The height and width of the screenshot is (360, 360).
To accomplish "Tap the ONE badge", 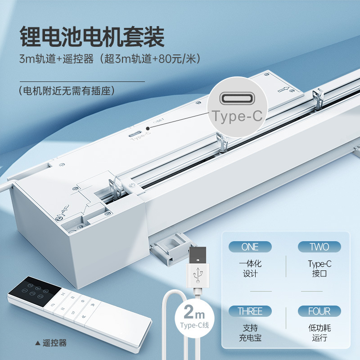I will [x=250, y=247].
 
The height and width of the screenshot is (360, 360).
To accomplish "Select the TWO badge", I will [x=319, y=247].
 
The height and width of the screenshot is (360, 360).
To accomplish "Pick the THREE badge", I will [x=250, y=311].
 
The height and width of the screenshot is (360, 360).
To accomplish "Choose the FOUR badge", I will [x=319, y=311].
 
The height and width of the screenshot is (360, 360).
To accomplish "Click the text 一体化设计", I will [x=250, y=268].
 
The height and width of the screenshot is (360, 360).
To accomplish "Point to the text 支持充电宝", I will [x=250, y=333].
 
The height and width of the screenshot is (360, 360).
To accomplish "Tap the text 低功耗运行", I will [x=319, y=333].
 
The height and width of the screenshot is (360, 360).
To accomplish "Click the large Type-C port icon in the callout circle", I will [x=237, y=99].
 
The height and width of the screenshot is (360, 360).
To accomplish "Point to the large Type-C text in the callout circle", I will [x=237, y=116].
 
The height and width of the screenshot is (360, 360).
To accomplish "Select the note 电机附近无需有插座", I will [x=67, y=90].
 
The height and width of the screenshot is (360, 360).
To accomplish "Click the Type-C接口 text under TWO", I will [x=319, y=268].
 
